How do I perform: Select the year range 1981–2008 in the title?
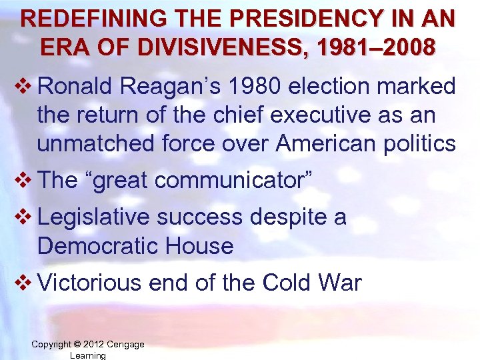[x=369, y=47]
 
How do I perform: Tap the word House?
[x=201, y=246]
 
